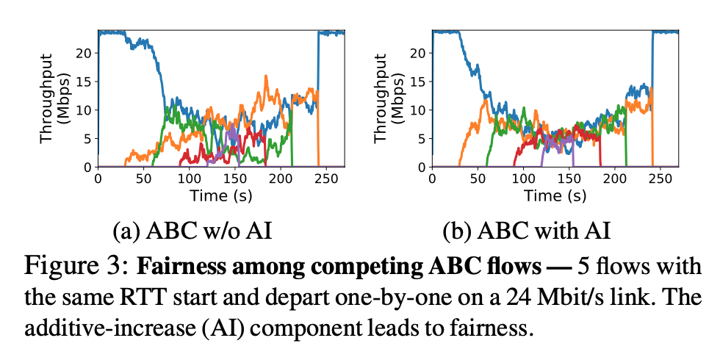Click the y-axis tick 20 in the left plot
click(87, 53)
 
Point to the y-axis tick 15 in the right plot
click(421, 82)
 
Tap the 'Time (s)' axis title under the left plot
click(221, 195)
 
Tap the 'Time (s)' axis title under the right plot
click(555, 195)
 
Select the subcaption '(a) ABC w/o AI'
click(192, 232)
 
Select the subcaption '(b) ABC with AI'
click(527, 232)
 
